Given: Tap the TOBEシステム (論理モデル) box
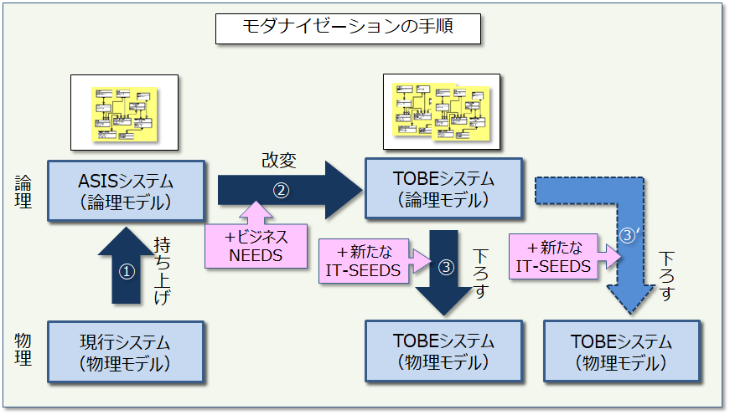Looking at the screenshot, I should [443, 188].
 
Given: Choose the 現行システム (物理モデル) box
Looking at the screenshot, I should [126, 352].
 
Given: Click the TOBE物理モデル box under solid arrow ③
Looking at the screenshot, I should [443, 352].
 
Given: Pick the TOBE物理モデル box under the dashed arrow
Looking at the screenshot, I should [621, 352].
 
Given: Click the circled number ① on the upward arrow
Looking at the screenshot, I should [127, 271].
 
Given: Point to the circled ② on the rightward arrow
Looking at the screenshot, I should [282, 190].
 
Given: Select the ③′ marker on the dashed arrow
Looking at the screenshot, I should [629, 237].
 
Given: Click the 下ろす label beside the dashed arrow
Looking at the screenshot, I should [667, 276].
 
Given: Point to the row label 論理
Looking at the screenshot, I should [23, 191].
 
